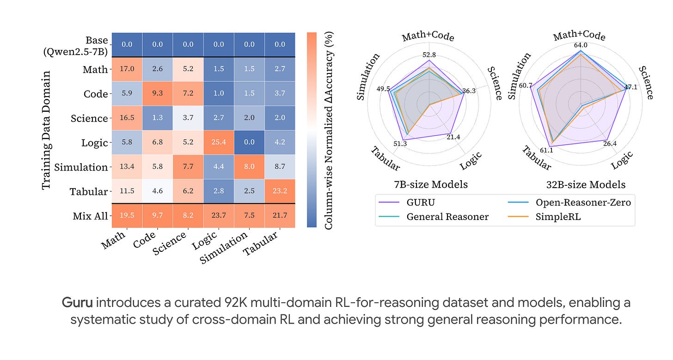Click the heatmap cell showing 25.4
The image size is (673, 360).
pyautogui.click(x=219, y=142)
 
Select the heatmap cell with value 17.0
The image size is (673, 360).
pyautogui.click(x=127, y=69)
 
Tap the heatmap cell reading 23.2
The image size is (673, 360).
pyautogui.click(x=280, y=191)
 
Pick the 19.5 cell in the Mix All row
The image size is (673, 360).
pyautogui.click(x=127, y=215)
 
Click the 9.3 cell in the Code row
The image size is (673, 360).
pyautogui.click(x=158, y=93)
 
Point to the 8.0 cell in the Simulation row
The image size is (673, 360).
pyautogui.click(x=250, y=166)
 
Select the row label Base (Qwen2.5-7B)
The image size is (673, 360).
pyautogui.click(x=76, y=46)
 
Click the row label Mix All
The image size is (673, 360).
pyautogui.click(x=90, y=216)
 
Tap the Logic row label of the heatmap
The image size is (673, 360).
pyautogui.click(x=94, y=143)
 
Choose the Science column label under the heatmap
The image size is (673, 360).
pyautogui.click(x=169, y=244)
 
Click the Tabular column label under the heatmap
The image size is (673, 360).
pyautogui.click(x=260, y=244)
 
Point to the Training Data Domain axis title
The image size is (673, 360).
pyautogui.click(x=46, y=130)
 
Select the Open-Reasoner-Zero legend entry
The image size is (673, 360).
pyautogui.click(x=569, y=202)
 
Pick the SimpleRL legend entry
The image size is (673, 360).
pyautogui.click(x=544, y=217)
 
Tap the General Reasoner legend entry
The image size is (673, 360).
pyautogui.click(x=434, y=217)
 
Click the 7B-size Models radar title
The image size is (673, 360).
pyautogui.click(x=431, y=184)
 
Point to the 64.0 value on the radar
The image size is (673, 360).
pyautogui.click(x=581, y=45)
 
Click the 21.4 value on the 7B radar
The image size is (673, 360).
pyautogui.click(x=453, y=137)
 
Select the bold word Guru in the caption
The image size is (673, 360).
pyautogui.click(x=77, y=303)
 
